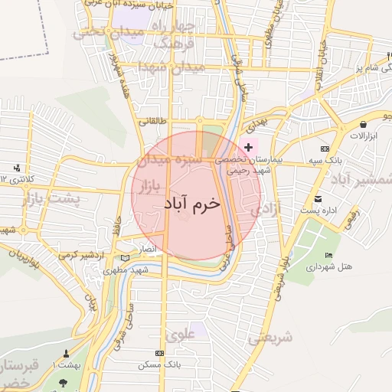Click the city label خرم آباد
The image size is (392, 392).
191,204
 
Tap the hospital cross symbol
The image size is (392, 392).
248,146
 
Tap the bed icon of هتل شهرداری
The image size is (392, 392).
329,255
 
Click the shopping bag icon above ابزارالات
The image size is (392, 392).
358,124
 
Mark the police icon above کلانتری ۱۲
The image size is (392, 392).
17,168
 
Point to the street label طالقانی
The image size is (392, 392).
152,121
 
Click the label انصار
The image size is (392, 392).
145,250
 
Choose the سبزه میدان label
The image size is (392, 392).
169,162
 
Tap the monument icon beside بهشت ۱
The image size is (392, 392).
64,354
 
